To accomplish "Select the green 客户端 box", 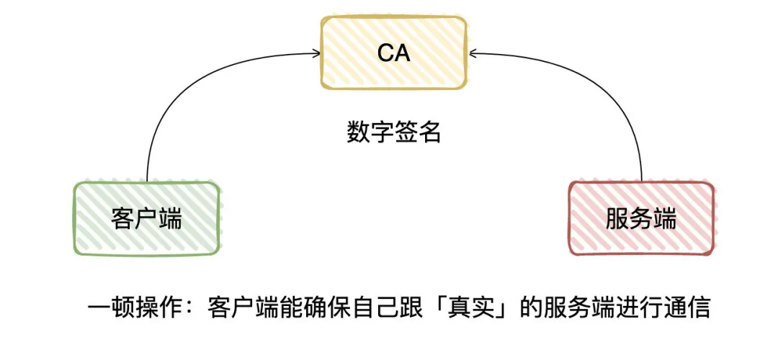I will [x=146, y=218].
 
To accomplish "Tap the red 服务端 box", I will [x=641, y=218].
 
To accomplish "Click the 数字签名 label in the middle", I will [x=393, y=132].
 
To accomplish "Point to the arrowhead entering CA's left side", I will [x=318, y=52].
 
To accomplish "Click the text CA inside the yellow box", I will [x=393, y=53].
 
